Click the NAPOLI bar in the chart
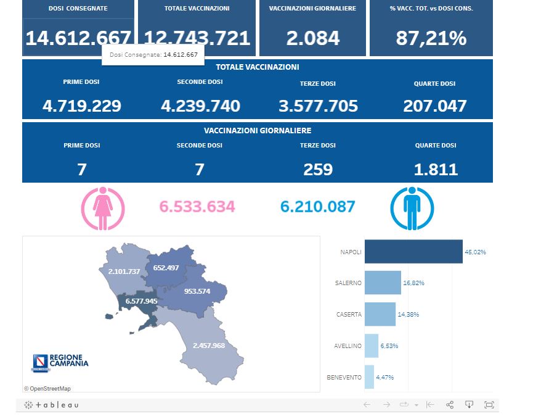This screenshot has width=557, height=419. click(413, 252)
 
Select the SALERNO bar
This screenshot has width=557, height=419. click(383, 283)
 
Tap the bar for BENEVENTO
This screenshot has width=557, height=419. click(369, 377)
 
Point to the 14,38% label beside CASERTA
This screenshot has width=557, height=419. click(409, 314)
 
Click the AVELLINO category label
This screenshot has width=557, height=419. click(348, 346)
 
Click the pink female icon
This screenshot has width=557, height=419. click(103, 208)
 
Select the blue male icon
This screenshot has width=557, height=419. click(413, 208)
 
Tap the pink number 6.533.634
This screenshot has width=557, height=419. click(197, 207)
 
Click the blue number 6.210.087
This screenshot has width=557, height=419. click(318, 207)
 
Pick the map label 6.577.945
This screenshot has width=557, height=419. click(141, 301)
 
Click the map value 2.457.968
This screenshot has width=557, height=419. click(209, 345)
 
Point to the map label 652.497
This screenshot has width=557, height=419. click(166, 268)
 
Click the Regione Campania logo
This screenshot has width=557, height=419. click(59, 362)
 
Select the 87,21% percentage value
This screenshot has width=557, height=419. click(431, 38)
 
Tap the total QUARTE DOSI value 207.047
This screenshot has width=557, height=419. click(435, 106)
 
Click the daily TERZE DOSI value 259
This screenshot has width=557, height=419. click(318, 169)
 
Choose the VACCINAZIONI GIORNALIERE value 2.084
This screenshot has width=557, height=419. click(313, 38)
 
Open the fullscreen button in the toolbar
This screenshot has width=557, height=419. click(489, 405)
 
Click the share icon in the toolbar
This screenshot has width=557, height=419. click(450, 405)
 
